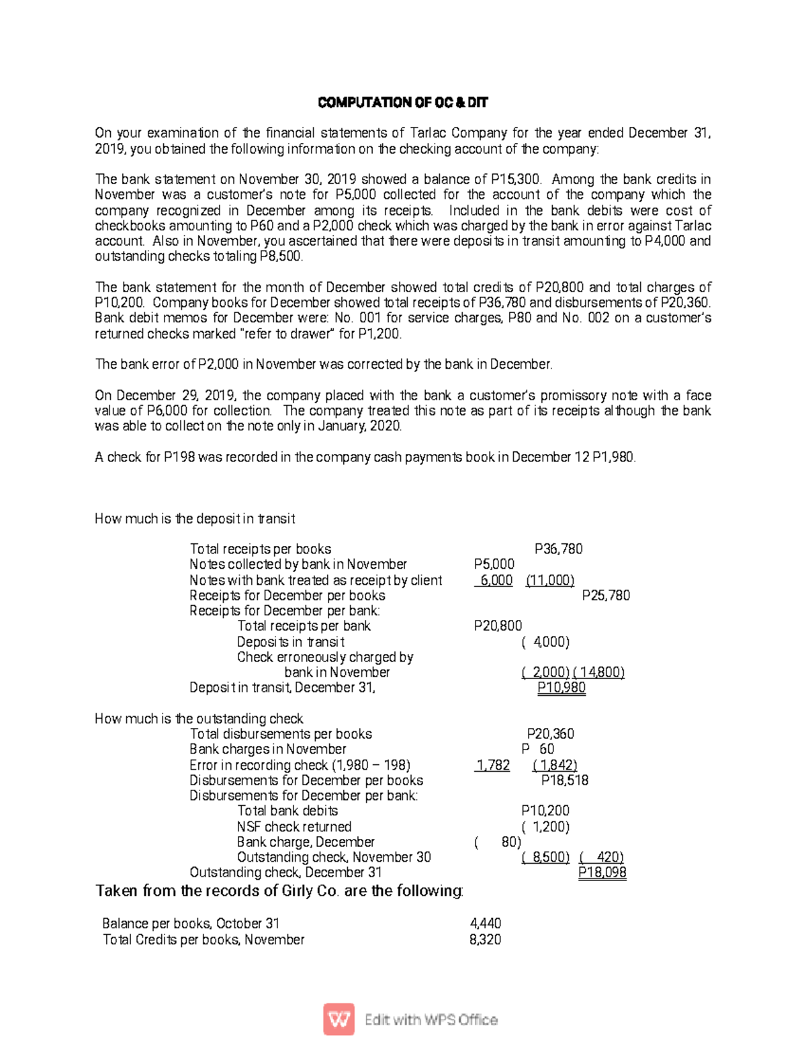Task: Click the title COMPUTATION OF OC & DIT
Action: point(402,103)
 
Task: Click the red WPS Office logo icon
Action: point(339,1019)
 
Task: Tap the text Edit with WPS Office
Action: point(431,1019)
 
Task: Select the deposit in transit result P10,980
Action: point(561,688)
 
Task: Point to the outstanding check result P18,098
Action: point(602,872)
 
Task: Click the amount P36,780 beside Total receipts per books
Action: point(558,549)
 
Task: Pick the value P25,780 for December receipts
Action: point(605,595)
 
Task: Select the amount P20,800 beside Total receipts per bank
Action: point(498,626)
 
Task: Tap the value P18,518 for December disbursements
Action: point(564,780)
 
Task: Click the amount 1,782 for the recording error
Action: point(493,765)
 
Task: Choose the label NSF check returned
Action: point(294,827)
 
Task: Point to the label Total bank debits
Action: point(287,811)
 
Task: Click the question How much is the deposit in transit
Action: point(195,518)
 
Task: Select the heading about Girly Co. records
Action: point(279,891)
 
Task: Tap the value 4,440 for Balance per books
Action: point(485,923)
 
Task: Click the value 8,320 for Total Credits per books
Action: point(485,940)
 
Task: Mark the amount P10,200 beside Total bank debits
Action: point(545,811)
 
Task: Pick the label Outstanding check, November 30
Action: point(334,857)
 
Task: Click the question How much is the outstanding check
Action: point(199,719)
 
